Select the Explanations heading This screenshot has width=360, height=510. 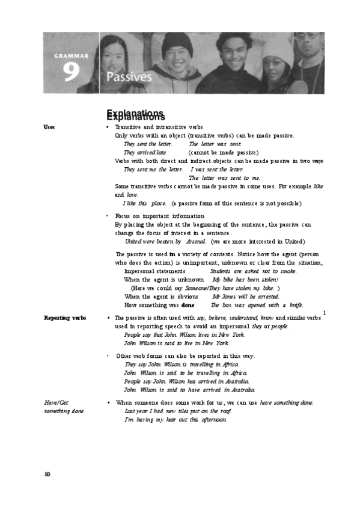pos(135,115)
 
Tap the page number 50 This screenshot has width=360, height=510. pos(47,475)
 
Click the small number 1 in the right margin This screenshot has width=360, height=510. pos(324,312)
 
